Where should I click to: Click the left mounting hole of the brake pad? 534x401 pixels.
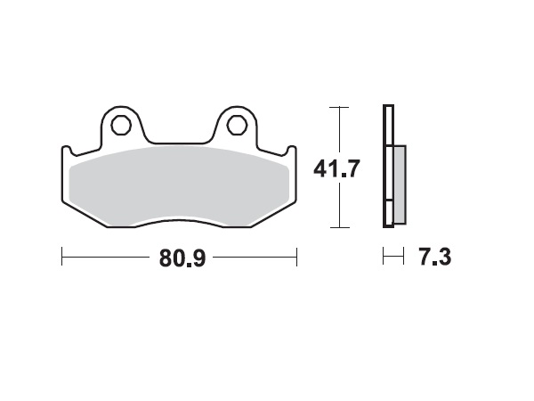[120, 125]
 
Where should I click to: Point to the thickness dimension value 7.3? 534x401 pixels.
[434, 258]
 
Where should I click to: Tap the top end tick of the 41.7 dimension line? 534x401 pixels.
[336, 107]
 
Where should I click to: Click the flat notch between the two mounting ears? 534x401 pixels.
[179, 141]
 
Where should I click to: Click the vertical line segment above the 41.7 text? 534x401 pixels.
[336, 129]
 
